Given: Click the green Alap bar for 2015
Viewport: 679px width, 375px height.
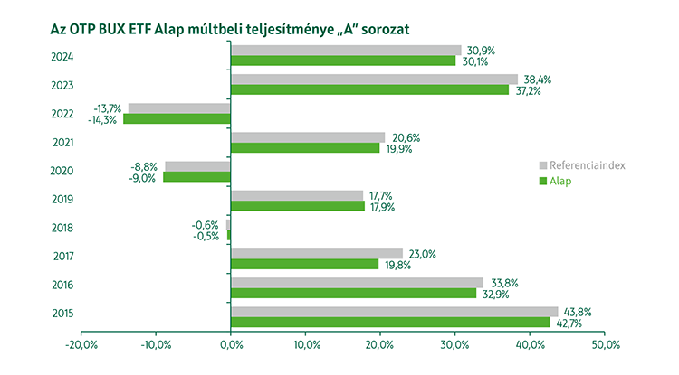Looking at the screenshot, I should coord(390,322).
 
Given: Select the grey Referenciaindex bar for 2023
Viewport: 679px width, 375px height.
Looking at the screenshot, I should coord(374,80).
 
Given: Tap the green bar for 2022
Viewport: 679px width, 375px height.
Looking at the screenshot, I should coord(177,118).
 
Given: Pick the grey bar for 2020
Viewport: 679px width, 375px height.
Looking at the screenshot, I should coord(197,166).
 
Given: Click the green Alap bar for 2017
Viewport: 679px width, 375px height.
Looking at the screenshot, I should coord(305,264).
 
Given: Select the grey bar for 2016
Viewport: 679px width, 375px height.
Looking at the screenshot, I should coord(357,282).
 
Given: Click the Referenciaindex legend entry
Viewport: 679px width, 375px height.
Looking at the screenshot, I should coord(587,165).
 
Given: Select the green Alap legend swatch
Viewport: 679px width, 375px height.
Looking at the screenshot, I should coord(543,181).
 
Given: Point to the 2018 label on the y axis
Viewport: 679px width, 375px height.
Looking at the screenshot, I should coord(62,229).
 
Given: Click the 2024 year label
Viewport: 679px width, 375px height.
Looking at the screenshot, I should coord(62,56).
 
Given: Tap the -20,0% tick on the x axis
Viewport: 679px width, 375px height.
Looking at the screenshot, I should coord(81,344).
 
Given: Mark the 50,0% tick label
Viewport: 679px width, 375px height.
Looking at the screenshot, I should coord(605,344).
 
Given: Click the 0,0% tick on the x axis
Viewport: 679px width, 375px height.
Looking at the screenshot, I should coord(231,344).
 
